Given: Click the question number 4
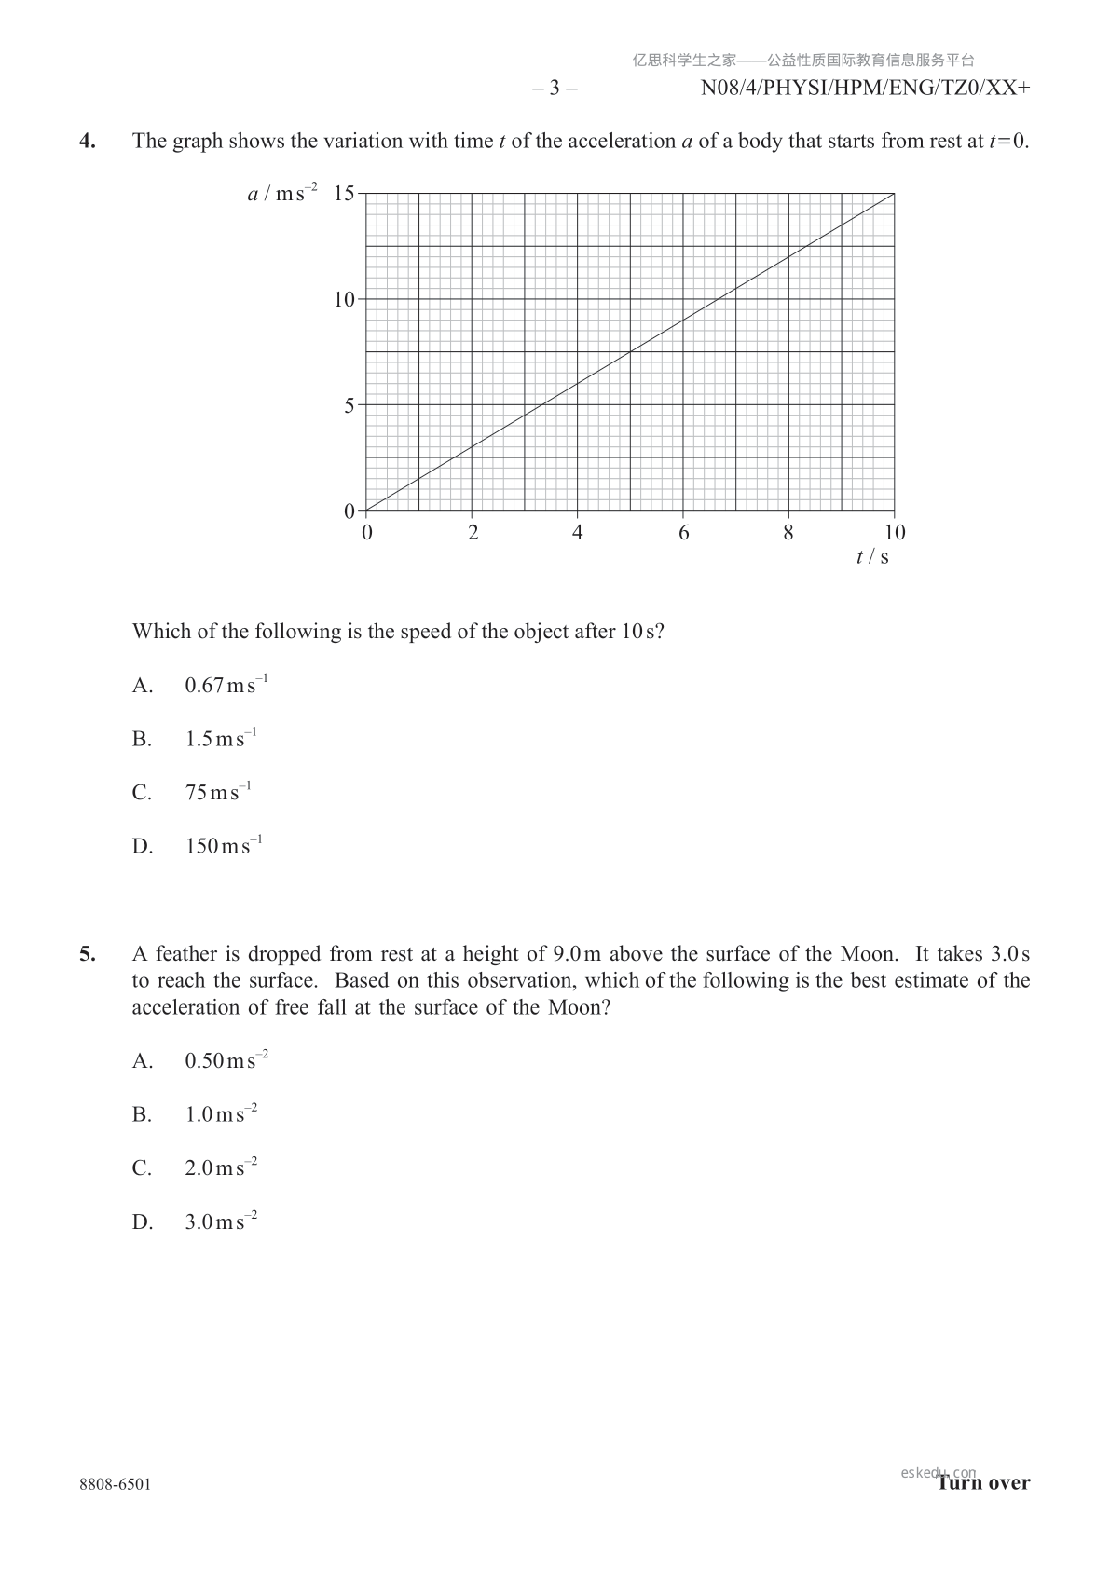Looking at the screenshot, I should pyautogui.click(x=87, y=142).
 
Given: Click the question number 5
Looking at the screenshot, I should pyautogui.click(x=87, y=954).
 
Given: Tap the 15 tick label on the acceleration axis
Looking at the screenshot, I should pyautogui.click(x=344, y=194).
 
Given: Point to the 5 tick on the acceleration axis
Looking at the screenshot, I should pyautogui.click(x=349, y=405).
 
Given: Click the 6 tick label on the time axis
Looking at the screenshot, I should pyautogui.click(x=683, y=533).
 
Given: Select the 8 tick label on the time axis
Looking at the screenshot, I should pyautogui.click(x=788, y=533).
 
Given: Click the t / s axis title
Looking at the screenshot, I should pyautogui.click(x=872, y=557).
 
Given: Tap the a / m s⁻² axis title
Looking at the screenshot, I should pyautogui.click(x=281, y=194).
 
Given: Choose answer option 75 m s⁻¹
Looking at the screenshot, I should pyautogui.click(x=218, y=793).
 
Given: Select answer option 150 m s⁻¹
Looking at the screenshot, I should pyautogui.click(x=224, y=846).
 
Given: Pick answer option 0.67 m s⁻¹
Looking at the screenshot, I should pyautogui.click(x=226, y=686).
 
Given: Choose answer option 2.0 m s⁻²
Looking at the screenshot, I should pyautogui.click(x=221, y=1167).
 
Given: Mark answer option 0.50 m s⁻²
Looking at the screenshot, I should pyautogui.click(x=226, y=1060).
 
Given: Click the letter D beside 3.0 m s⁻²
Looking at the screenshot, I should pyautogui.click(x=142, y=1222).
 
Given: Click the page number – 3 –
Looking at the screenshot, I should pyautogui.click(x=555, y=89).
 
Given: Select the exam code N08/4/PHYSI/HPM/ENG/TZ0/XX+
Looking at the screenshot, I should pyautogui.click(x=865, y=89).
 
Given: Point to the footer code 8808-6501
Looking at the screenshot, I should pyautogui.click(x=115, y=1484).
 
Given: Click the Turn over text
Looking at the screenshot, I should pyautogui.click(x=984, y=1482).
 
